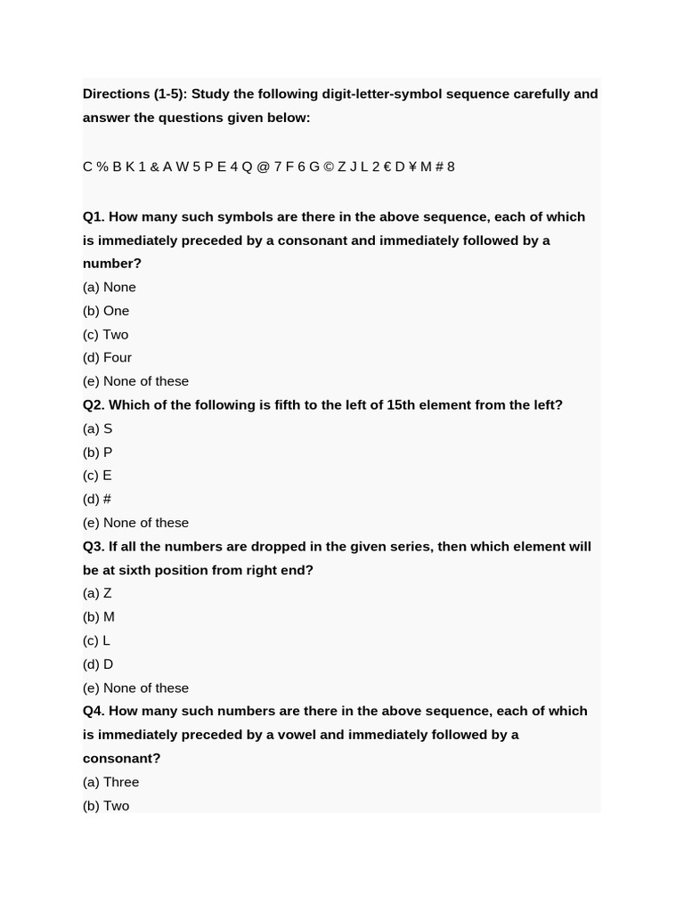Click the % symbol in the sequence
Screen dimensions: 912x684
pos(102,167)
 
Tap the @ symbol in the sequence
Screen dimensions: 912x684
pos(263,167)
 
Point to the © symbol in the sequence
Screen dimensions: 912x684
pos(329,167)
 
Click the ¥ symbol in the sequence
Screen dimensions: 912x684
pos(412,167)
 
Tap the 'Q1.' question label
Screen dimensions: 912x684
pos(94,216)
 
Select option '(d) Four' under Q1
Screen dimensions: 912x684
pos(107,357)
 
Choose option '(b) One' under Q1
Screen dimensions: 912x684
pos(106,311)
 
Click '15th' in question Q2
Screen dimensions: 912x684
pos(402,404)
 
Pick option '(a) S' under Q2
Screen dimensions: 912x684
pos(97,428)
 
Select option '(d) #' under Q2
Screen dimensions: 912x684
pos(97,499)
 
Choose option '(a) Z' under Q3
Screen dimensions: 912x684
pos(97,593)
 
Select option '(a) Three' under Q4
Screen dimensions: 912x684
pos(110,782)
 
